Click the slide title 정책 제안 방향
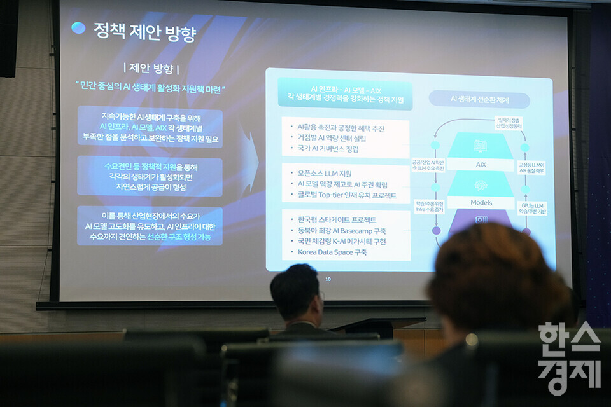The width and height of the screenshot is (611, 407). [144, 31]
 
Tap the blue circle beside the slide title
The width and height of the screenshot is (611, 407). [78, 28]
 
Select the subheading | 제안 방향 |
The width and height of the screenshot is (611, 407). [151, 69]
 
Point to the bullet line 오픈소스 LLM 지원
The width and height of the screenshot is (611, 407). [324, 174]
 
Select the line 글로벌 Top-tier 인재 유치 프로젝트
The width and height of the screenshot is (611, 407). [346, 195]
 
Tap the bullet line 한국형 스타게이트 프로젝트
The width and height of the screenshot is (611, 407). [337, 220]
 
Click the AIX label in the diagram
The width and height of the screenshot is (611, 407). [481, 165]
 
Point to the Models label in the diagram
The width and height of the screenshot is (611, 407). [481, 203]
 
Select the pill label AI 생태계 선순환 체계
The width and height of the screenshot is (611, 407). [479, 99]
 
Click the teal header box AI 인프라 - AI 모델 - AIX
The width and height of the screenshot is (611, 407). [345, 94]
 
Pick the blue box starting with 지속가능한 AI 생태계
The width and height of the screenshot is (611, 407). [150, 127]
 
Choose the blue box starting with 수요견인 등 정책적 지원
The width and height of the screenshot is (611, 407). [150, 176]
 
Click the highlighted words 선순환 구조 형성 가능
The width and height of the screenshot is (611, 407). [179, 237]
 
